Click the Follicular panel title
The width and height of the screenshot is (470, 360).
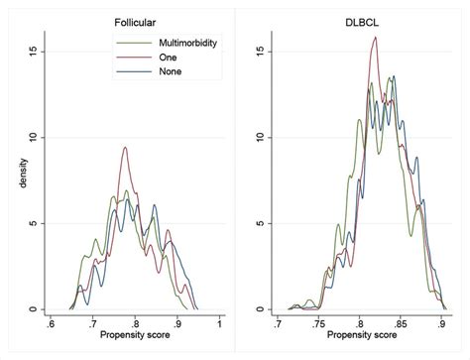[134, 19]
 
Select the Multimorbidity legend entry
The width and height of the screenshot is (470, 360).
[187, 43]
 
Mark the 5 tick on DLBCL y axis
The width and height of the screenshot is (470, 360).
[261, 223]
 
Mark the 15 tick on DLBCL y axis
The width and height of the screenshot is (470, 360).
[259, 52]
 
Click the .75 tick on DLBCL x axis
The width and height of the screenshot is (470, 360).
[316, 322]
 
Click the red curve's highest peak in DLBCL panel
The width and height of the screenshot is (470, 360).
[376, 38]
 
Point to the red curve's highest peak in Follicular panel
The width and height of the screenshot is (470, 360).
[125, 147]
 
